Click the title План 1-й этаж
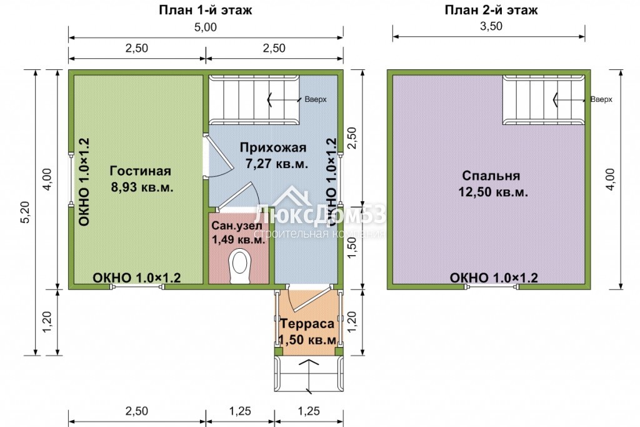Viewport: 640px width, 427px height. click(205, 9)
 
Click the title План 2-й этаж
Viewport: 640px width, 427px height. click(491, 9)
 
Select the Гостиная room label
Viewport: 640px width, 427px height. click(141, 171)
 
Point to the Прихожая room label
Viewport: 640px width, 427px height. click(273, 148)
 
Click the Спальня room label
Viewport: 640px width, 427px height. click(491, 176)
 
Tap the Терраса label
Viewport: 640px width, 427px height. click(307, 324)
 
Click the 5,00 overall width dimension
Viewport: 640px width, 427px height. click(205, 28)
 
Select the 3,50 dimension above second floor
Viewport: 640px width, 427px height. click(491, 26)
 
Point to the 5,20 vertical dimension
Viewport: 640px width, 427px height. click(25, 213)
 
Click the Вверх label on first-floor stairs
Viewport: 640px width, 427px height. click(316, 99)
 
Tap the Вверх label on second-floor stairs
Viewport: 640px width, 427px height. click(601, 99)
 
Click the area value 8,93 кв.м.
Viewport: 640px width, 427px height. click(142, 188)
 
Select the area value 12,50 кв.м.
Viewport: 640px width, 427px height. click(493, 192)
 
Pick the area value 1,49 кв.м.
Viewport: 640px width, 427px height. click(239, 239)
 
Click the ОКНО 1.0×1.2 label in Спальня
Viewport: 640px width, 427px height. click(494, 278)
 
